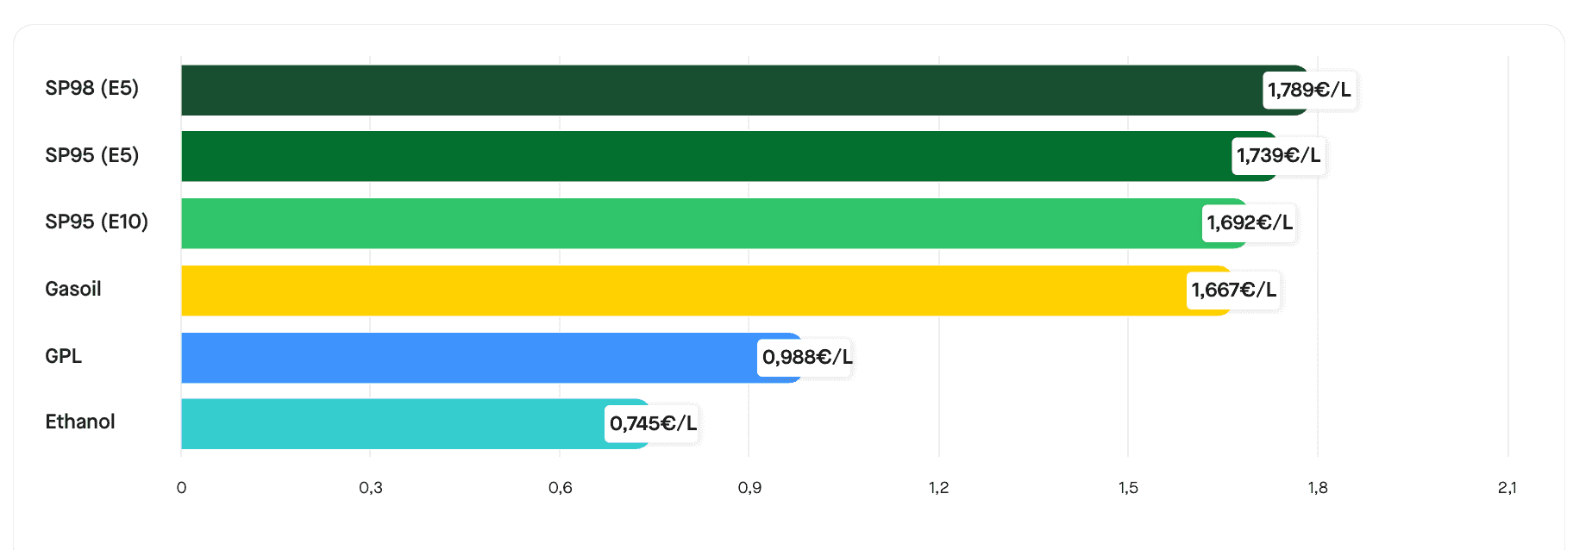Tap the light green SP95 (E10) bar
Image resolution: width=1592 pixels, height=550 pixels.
tap(690, 223)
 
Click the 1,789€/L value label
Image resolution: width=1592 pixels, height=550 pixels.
tap(1309, 91)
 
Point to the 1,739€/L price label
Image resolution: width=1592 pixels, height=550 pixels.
tap(1278, 156)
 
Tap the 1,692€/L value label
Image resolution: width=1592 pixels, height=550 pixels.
tap(1249, 223)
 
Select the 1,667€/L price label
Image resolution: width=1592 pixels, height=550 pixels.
tap(1233, 291)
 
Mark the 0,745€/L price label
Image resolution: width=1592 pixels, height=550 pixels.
tap(652, 423)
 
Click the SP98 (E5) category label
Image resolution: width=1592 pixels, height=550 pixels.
tap(91, 88)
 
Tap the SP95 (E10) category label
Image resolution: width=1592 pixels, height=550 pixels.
tap(97, 222)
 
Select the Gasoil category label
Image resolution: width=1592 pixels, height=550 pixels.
tap(73, 289)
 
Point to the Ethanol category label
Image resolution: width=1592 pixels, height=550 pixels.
tap(80, 422)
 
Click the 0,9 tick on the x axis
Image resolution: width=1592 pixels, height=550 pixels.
tap(749, 488)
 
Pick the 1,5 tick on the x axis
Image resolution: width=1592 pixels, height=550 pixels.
tap(1128, 488)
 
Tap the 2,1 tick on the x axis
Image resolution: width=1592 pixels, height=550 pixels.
tap(1507, 488)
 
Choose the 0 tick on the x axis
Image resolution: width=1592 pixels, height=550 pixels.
tap(181, 488)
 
